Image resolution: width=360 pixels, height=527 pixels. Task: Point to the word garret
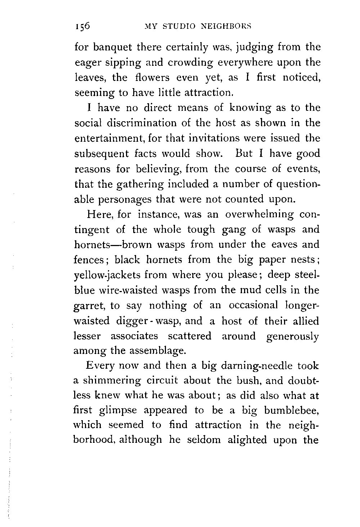pos(90,306)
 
